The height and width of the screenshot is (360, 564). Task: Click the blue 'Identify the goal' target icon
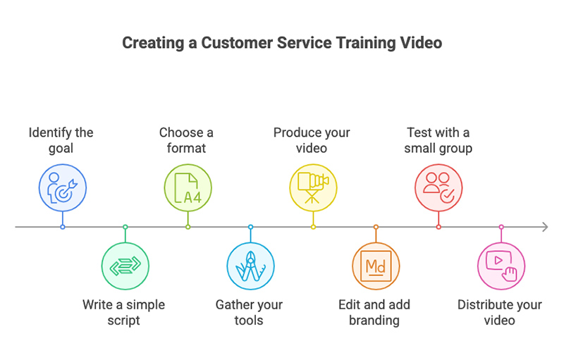click(x=63, y=187)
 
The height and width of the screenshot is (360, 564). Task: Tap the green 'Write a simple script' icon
click(x=125, y=266)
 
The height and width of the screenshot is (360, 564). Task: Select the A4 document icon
click(x=188, y=187)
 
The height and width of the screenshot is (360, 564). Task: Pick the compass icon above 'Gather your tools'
click(x=250, y=266)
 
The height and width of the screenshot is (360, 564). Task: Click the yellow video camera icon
click(x=313, y=187)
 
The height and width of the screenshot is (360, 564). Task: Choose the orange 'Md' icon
click(x=376, y=266)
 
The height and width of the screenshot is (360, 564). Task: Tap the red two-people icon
click(x=439, y=187)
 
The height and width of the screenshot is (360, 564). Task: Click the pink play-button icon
click(x=501, y=266)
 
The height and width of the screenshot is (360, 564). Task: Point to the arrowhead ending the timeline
click(x=545, y=227)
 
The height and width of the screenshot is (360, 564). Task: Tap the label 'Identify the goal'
click(x=61, y=139)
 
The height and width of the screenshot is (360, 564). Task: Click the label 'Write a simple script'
click(x=123, y=313)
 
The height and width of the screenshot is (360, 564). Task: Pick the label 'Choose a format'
click(x=186, y=139)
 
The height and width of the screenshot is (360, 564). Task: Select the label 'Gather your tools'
click(x=249, y=313)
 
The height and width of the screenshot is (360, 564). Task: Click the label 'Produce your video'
click(x=312, y=139)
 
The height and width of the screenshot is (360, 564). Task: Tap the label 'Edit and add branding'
click(x=374, y=313)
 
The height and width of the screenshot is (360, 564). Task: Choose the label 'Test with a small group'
click(x=438, y=139)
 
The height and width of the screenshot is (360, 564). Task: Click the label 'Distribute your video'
click(x=500, y=313)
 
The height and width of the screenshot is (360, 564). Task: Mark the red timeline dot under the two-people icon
click(x=439, y=227)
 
